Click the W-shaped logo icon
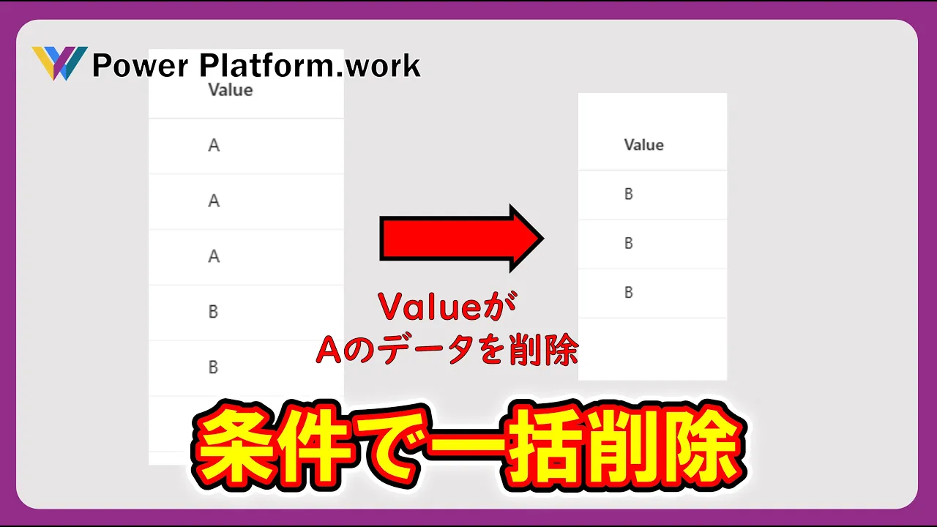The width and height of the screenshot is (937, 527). click(60, 63)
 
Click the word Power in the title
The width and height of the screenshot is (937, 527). click(141, 66)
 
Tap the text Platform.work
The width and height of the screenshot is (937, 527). click(310, 65)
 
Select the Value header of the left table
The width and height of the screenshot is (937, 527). click(231, 90)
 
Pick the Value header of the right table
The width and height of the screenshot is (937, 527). click(643, 145)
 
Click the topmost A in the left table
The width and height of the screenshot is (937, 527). click(214, 146)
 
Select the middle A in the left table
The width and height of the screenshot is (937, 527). click(214, 201)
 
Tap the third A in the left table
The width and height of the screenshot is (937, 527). click(214, 256)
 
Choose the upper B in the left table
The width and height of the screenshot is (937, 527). click(213, 312)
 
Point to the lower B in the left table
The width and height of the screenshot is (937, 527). click(213, 367)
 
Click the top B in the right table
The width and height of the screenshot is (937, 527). click(629, 194)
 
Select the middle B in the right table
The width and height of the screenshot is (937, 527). click(629, 243)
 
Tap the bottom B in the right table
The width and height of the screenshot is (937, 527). click(629, 292)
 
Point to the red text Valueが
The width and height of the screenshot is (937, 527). click(447, 307)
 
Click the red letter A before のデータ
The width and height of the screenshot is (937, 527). click(329, 350)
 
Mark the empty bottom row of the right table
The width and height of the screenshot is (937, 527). click(652, 349)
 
